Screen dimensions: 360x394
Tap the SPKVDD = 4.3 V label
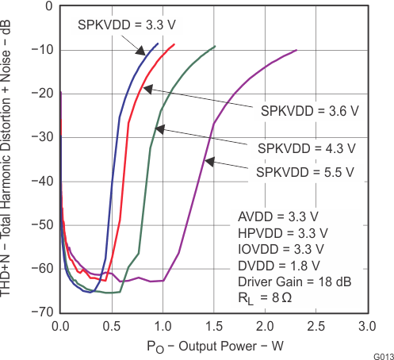point(306,148)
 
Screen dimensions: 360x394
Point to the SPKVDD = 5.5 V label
point(306,171)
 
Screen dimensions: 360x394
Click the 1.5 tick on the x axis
point(213,326)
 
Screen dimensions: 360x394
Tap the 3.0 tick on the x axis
point(366,326)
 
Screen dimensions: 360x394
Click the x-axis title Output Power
point(213,347)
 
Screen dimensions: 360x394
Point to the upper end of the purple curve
point(296,51)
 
